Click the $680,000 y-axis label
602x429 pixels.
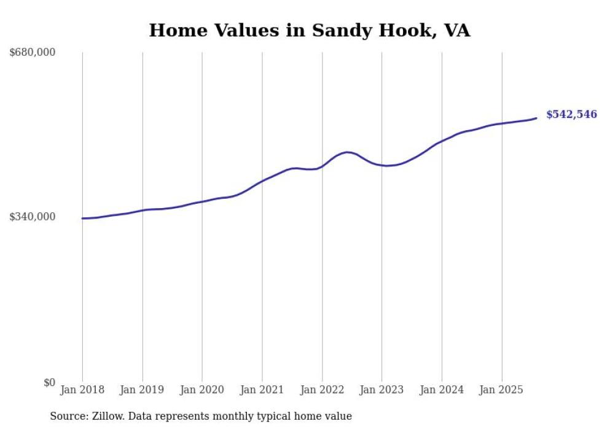pyautogui.click(x=33, y=53)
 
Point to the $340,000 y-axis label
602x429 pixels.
pyautogui.click(x=33, y=217)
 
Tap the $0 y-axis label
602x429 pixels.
pyautogui.click(x=49, y=382)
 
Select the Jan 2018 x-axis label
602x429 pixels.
pyautogui.click(x=82, y=390)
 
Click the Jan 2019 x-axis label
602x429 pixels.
pyautogui.click(x=143, y=390)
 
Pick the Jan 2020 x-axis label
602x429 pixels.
pyautogui.click(x=202, y=390)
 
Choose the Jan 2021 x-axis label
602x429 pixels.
pyautogui.click(x=262, y=390)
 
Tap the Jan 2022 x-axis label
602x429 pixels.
pyautogui.click(x=322, y=390)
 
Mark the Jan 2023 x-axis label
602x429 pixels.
pyautogui.click(x=381, y=390)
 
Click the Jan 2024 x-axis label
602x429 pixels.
pyautogui.click(x=442, y=390)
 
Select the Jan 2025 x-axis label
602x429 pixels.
pyautogui.click(x=502, y=390)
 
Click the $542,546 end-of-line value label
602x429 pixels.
pyautogui.click(x=571, y=115)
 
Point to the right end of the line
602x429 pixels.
pyautogui.click(x=537, y=118)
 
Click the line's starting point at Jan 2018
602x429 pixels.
pyautogui.click(x=82, y=218)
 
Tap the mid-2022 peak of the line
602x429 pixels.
pyautogui.click(x=348, y=152)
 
